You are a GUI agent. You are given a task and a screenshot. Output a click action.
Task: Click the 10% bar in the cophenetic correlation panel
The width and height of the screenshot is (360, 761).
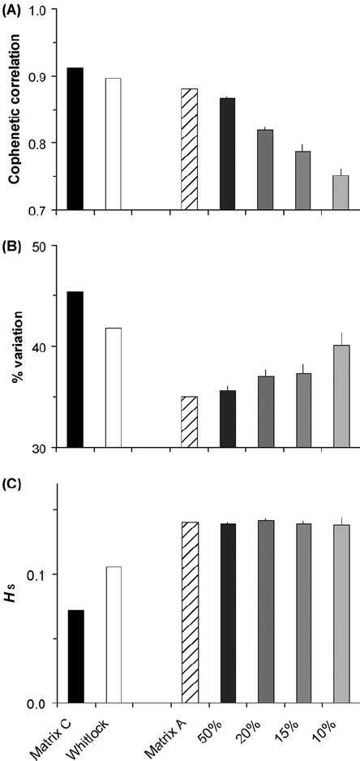tap(341, 192)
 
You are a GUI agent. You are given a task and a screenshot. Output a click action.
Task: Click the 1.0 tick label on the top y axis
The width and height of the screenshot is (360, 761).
tap(38, 10)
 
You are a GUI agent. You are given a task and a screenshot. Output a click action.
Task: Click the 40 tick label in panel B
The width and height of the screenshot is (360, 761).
tap(41, 346)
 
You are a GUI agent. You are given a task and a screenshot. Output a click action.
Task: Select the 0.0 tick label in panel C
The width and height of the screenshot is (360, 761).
tap(38, 703)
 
